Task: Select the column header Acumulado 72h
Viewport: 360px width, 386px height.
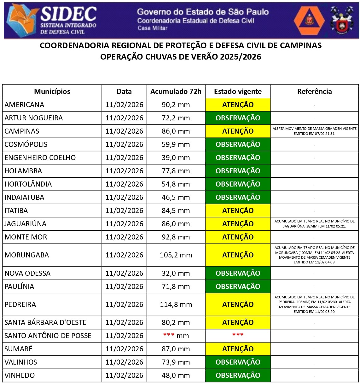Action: [176, 91]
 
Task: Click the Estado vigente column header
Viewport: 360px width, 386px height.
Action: [238, 91]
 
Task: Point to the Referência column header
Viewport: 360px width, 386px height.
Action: [314, 91]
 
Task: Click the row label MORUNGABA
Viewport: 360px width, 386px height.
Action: [27, 255]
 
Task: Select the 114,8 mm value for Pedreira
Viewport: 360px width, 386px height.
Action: [176, 304]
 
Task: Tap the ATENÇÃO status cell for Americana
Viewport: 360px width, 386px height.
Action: [238, 105]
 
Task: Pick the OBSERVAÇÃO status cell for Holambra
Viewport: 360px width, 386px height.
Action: [238, 171]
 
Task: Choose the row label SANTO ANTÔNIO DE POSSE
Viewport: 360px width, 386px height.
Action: [48, 336]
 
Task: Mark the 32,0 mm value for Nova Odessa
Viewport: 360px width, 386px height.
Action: [176, 273]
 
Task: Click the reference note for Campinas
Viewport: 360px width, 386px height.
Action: [314, 131]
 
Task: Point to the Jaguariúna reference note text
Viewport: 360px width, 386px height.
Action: [314, 224]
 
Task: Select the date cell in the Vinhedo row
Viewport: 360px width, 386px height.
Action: [124, 375]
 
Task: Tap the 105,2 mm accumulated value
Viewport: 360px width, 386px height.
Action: [176, 255]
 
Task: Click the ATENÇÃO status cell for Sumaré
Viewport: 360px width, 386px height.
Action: [238, 349]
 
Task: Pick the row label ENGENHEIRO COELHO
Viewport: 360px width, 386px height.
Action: [40, 158]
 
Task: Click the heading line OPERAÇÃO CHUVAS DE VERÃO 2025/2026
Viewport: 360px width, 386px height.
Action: [181, 57]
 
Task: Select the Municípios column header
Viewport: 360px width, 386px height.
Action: [52, 91]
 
